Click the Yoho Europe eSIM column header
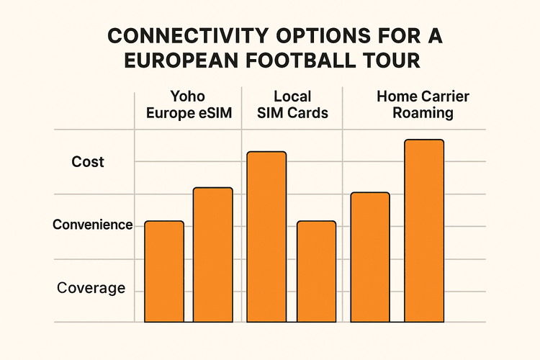[x=188, y=104]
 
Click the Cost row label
[x=88, y=162]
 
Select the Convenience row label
[x=92, y=225]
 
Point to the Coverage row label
[x=91, y=289]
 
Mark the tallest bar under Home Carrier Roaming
[x=424, y=230]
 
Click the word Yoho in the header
[x=188, y=96]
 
